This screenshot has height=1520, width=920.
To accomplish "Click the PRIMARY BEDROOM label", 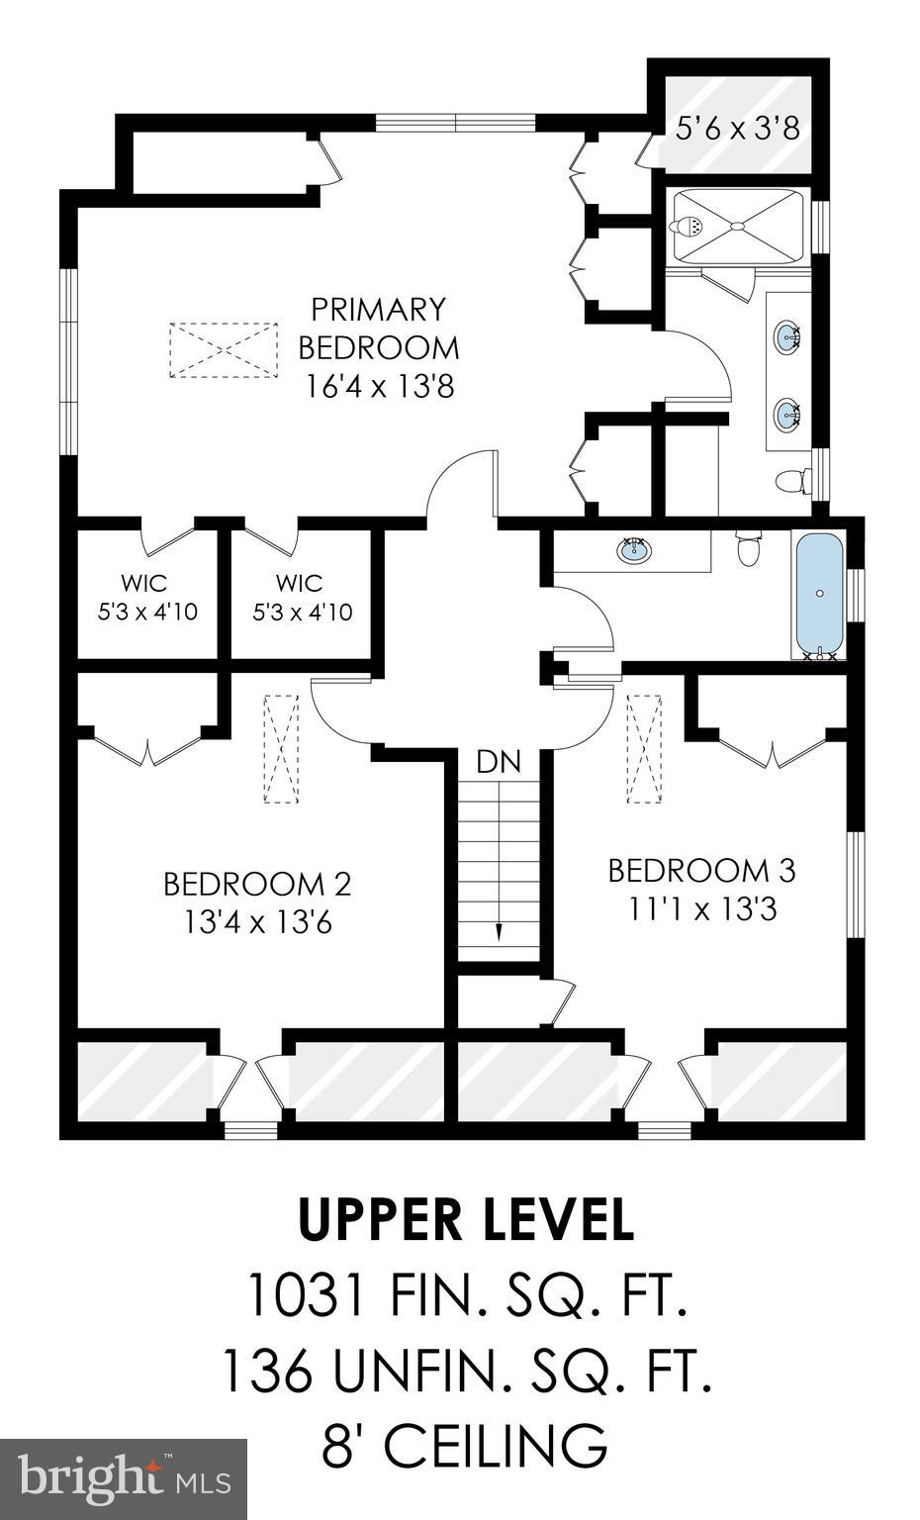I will pos(379,329).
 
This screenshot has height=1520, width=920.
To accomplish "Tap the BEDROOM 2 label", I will pos(257,883).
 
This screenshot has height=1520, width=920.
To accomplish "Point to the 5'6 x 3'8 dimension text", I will pos(737,129).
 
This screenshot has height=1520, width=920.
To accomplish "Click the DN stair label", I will pos(498,762).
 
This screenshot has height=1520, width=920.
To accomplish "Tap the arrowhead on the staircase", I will pos(498,932).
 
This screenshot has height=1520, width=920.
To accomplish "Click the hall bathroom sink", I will pos(633,549).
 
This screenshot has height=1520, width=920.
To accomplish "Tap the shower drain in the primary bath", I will pos(736,227).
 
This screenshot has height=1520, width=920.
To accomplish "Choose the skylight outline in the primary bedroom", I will pos(224,349).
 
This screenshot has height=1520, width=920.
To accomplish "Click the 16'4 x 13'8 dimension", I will pos(379,386).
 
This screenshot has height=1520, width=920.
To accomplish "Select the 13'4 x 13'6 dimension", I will pos(257,922).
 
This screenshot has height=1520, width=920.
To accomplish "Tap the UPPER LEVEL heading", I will pos(465,1220).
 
